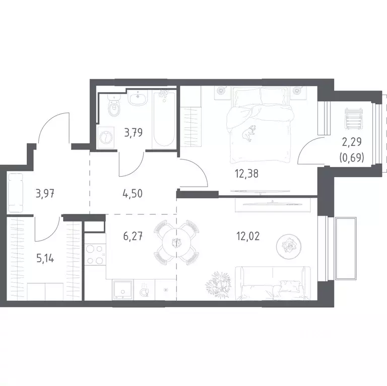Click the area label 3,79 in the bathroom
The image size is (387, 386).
[x=134, y=133]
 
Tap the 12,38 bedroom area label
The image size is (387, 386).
[x=247, y=174]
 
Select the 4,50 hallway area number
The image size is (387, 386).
[x=133, y=193]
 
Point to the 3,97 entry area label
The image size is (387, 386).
[x=45, y=193]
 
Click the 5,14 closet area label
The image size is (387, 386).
[x=45, y=259]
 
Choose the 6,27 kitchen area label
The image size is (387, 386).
[x=133, y=237]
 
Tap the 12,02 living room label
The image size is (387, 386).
[x=248, y=237]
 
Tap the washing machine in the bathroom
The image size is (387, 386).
[x=106, y=137]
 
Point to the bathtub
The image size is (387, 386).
[x=164, y=119]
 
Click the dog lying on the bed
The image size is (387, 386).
[x=249, y=133]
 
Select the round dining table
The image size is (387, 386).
[x=176, y=243]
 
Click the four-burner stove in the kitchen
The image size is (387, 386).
[x=95, y=254]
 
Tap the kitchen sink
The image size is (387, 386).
[x=122, y=289]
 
